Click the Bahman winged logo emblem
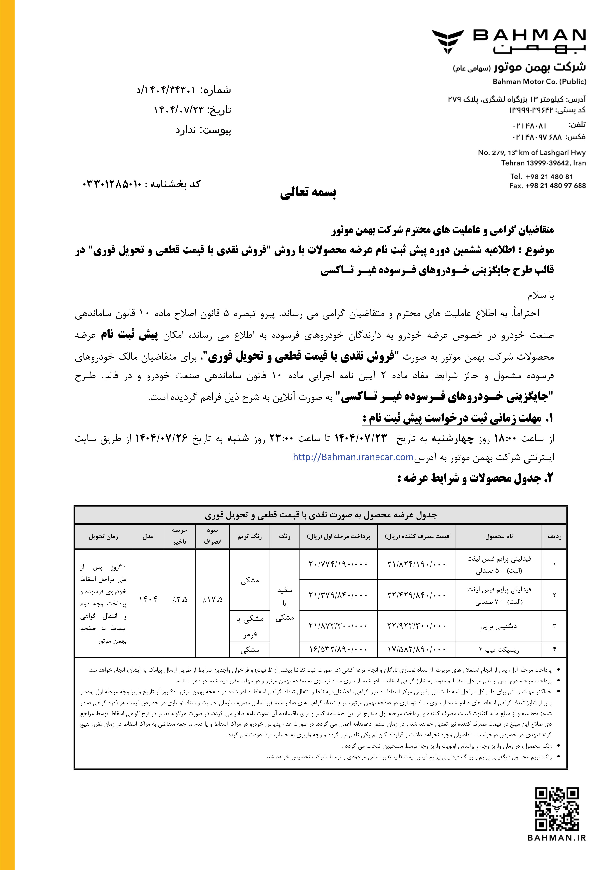point(448,41)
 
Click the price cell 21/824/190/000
point(416,564)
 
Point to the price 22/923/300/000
point(416,626)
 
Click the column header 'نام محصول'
point(499,536)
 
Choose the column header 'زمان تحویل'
point(103,536)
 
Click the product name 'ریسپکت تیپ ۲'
point(499,650)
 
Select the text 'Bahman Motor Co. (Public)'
point(539,81)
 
